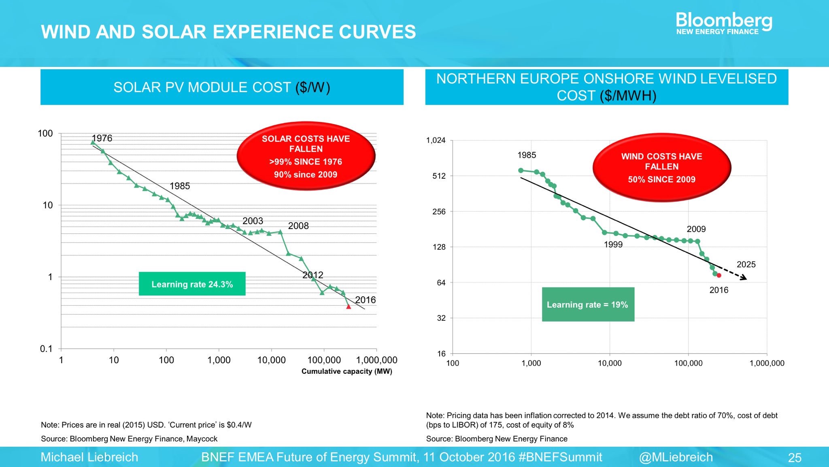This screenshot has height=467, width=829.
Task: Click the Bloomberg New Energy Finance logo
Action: pyautogui.click(x=724, y=23)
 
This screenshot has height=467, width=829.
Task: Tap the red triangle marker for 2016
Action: pyautogui.click(x=349, y=307)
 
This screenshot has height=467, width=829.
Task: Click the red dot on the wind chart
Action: pyautogui.click(x=719, y=275)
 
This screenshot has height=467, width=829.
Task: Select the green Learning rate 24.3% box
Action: pyautogui.click(x=192, y=284)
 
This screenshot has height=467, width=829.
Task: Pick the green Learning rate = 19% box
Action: pyautogui.click(x=588, y=304)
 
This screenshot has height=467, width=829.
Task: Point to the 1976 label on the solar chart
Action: pyautogui.click(x=102, y=138)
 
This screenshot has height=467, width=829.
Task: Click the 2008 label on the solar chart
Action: pyautogui.click(x=298, y=226)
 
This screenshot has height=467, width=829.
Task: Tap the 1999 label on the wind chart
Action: pyautogui.click(x=613, y=244)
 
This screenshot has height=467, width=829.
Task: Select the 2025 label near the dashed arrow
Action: pyautogui.click(x=746, y=264)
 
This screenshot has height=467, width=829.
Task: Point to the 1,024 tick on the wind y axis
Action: pyautogui.click(x=436, y=140)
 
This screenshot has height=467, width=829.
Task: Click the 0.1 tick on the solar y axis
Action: pyautogui.click(x=46, y=349)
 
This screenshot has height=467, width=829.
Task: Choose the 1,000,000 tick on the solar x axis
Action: pyautogui.click(x=376, y=360)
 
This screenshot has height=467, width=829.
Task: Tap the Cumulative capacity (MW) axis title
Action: pyautogui.click(x=346, y=371)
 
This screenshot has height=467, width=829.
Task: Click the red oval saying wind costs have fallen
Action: pyautogui.click(x=661, y=167)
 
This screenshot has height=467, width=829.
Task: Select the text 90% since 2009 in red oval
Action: pyautogui.click(x=306, y=175)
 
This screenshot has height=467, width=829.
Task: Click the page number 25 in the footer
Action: pyautogui.click(x=795, y=458)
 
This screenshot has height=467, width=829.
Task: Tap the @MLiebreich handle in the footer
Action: pyautogui.click(x=676, y=457)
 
